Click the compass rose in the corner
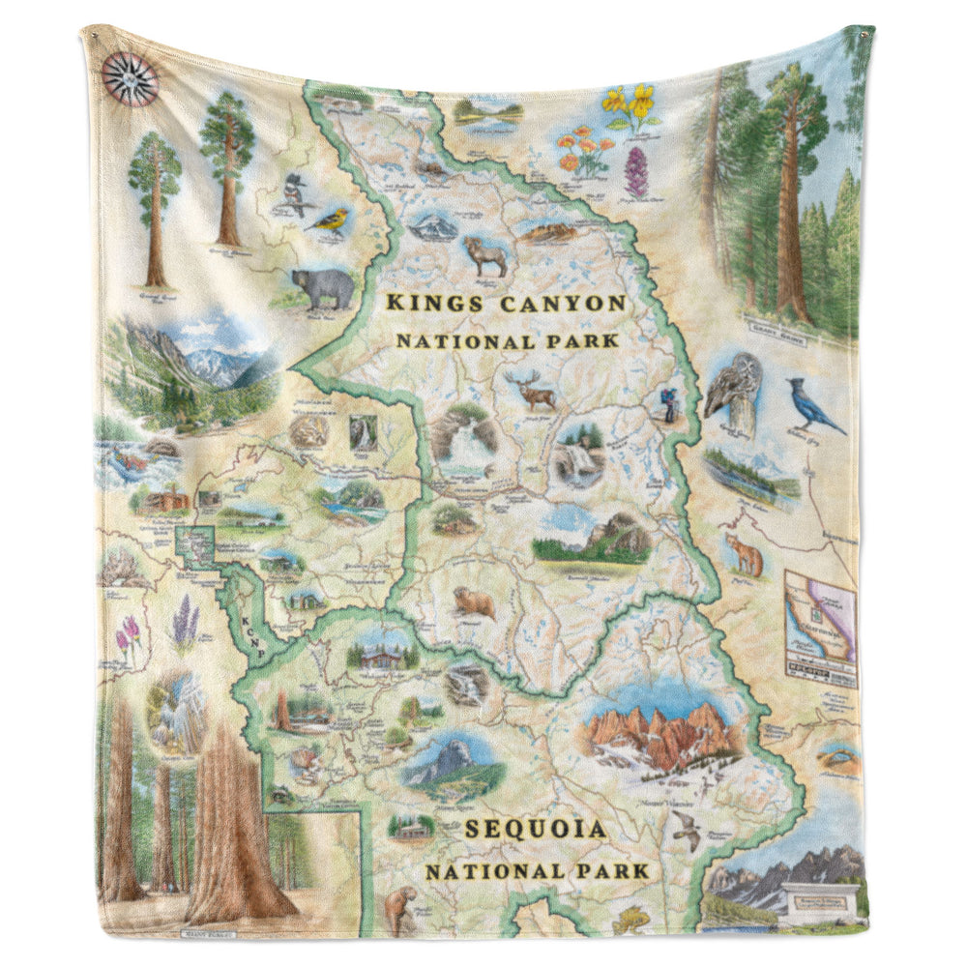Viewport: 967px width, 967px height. pos(130,76)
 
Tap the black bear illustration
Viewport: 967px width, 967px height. pos(323,287)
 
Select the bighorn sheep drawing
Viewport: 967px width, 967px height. pos(485,256)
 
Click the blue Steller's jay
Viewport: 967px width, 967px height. pos(812,405)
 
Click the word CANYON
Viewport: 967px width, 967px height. pos(563,304)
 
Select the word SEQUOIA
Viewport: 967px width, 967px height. pos(535,829)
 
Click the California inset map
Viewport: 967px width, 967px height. pos(820,628)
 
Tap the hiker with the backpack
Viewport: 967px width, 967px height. pos(668,403)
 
